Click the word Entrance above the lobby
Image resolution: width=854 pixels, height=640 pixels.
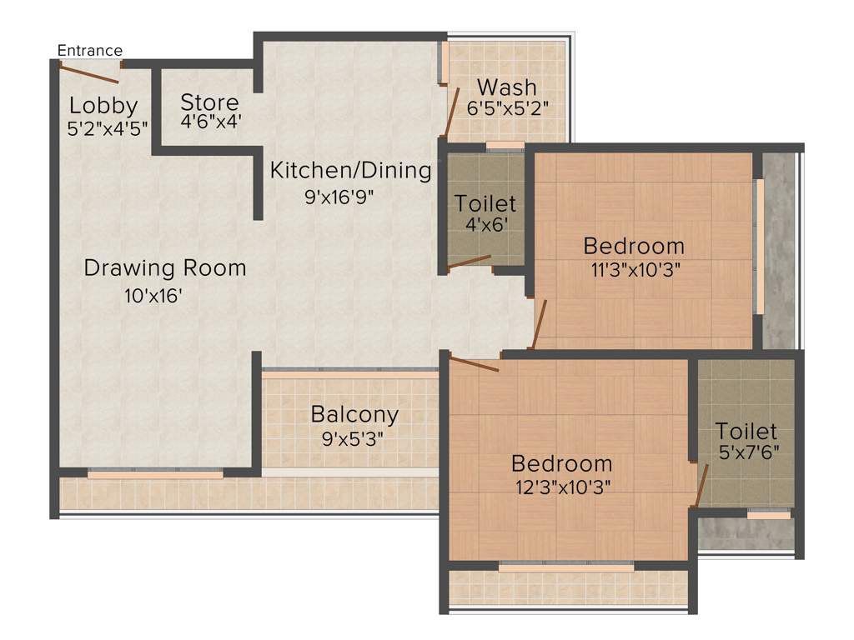coord(89,51)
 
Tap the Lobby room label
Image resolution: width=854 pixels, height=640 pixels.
coord(103,106)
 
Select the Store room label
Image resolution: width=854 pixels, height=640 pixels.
coord(209,102)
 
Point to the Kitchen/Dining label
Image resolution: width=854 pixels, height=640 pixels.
coord(350,171)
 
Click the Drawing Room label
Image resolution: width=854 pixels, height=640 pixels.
coord(165,268)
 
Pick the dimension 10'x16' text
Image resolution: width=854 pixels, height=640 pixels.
coord(153,296)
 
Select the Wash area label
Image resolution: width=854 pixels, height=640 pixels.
coord(507,87)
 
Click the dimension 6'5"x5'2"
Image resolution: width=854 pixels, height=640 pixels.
coord(507,108)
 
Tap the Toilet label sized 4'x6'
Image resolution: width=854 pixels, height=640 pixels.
coord(485,203)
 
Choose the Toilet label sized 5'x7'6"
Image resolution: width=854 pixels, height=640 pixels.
coord(746,431)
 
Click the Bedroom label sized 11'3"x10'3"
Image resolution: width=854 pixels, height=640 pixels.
coord(634,246)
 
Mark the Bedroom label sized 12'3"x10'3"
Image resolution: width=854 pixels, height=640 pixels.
coord(562,463)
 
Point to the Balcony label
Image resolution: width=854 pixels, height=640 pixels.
coord(354,413)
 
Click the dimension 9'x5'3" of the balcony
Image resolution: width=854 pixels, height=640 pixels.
coord(354,437)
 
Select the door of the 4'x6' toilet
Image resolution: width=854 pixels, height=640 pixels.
coord(469,262)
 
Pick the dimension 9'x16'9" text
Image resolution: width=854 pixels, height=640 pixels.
coord(350,198)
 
